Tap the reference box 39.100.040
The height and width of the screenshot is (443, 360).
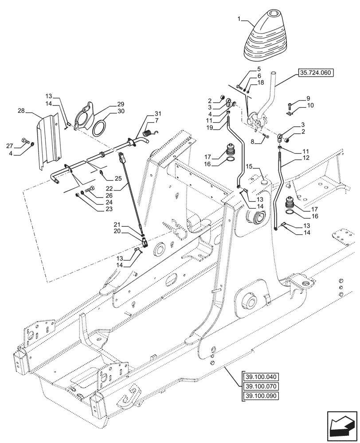click(x=260, y=378)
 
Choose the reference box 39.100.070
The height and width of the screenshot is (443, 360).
click(x=260, y=387)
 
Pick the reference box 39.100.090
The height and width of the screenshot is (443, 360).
click(x=260, y=396)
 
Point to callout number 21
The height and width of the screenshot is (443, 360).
click(x=117, y=225)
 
